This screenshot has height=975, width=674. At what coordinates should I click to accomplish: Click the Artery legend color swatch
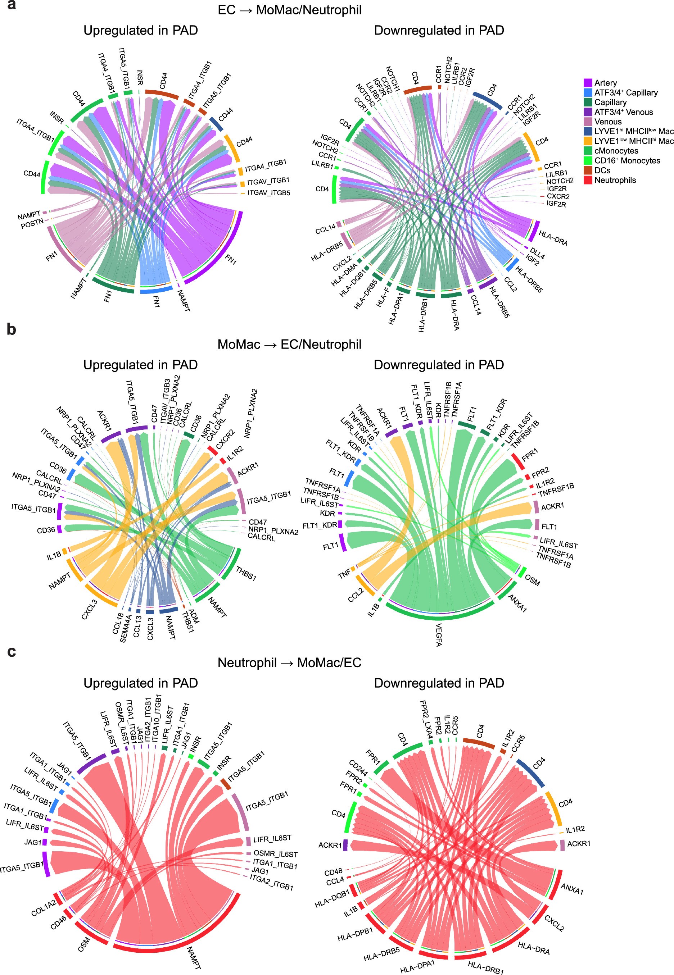587,83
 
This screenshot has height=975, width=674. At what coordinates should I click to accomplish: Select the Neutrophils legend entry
615,180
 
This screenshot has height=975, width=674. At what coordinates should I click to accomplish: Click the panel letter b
12,329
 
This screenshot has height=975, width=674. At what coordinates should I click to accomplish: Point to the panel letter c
12,652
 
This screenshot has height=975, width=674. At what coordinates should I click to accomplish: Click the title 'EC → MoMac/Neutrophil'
289,10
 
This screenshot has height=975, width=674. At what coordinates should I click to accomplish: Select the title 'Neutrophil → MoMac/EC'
289,663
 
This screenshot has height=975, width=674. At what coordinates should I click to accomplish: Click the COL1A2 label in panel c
43,908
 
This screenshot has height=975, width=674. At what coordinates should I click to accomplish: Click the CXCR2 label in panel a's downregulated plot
557,197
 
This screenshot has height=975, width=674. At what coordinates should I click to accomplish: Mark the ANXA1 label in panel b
517,603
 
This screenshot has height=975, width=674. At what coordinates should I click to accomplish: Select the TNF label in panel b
344,574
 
